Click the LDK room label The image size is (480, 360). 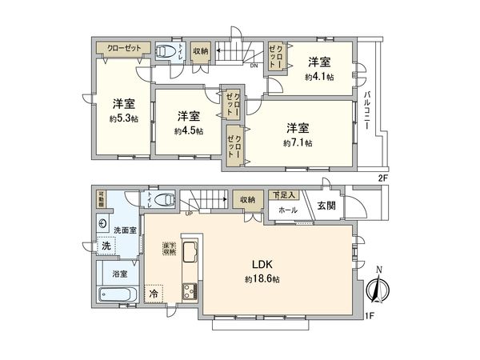click(266, 264)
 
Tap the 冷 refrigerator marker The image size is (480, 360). click(153, 293)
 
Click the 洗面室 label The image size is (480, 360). click(126, 231)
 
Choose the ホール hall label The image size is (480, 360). click(288, 210)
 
